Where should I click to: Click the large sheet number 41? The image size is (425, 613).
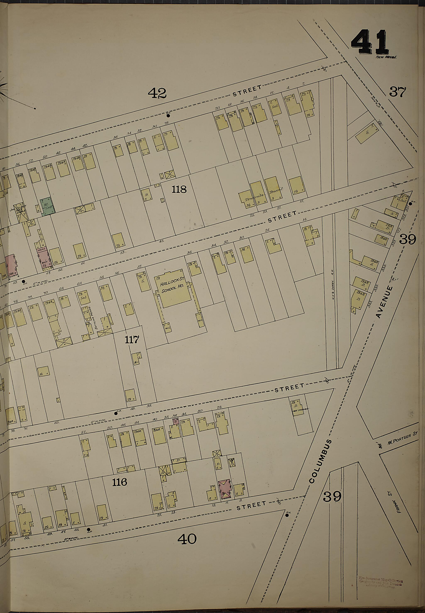[x=369, y=43]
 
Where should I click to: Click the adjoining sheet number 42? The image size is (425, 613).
[x=157, y=93]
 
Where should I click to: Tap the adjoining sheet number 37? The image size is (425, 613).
[x=398, y=92]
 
